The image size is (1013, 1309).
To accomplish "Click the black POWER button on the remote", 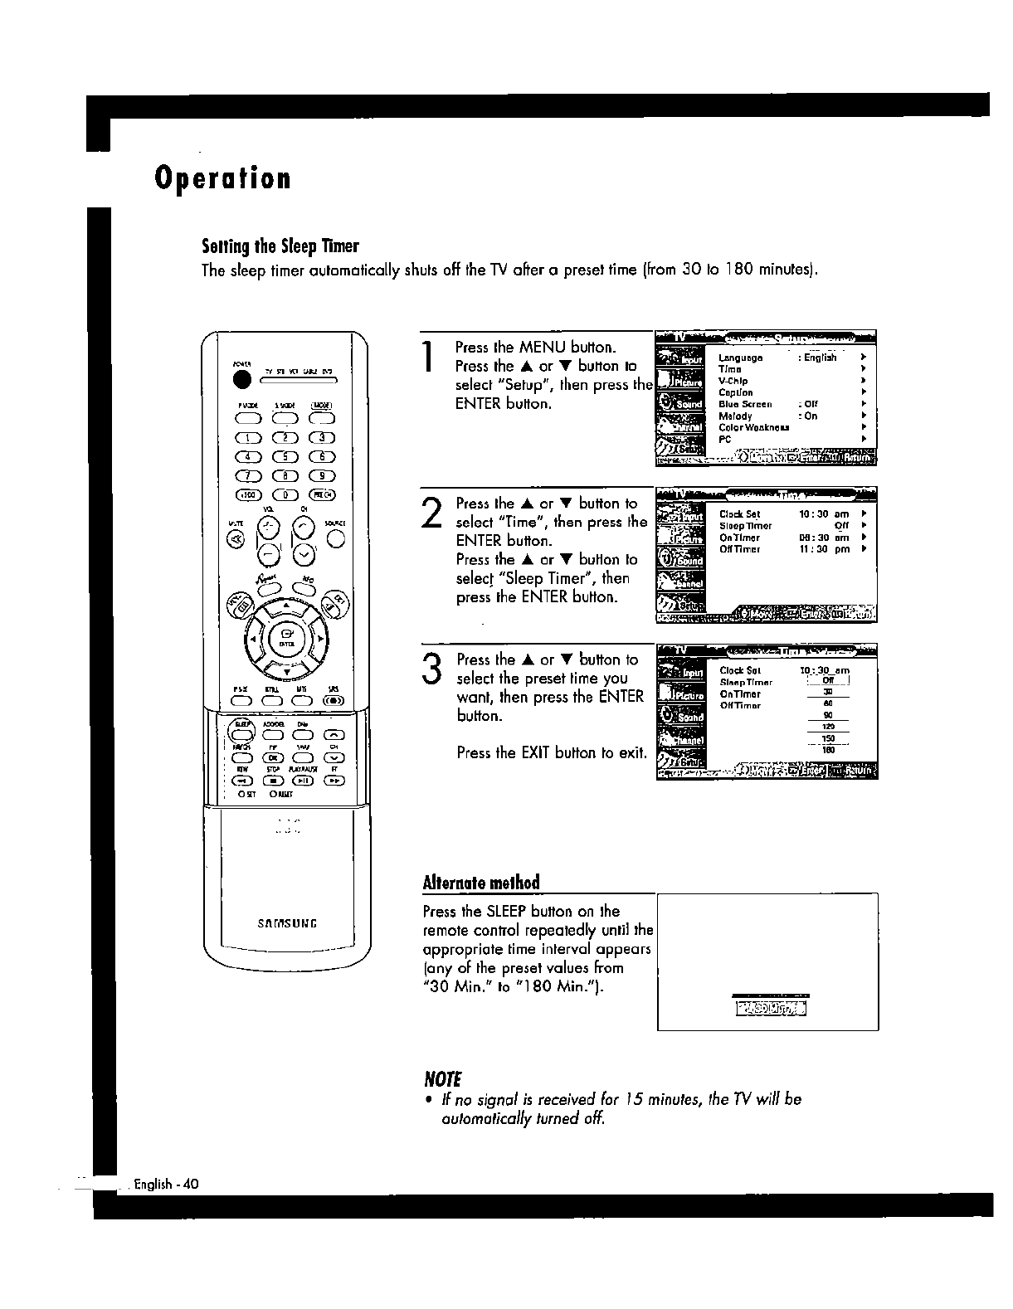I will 242,379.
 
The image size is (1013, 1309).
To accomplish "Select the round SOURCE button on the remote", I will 334,538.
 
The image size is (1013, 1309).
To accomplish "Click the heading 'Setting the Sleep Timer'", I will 280,246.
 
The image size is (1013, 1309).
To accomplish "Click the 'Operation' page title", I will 222,178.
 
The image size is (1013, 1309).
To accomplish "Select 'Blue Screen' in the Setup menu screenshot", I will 745,404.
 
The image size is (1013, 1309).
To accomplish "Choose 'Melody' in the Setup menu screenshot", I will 735,416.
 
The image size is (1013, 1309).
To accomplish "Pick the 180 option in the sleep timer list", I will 827,749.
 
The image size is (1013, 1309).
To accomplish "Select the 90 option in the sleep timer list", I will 827,715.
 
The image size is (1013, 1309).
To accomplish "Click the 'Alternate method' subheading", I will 481,882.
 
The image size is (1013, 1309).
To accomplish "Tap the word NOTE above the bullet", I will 442,1079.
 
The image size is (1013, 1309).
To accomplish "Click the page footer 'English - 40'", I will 166,1184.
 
